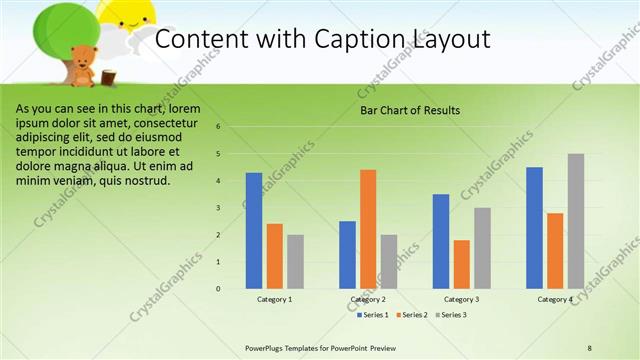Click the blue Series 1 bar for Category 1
(254, 230)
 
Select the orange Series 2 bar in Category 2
(368, 229)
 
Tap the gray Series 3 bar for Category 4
(575, 221)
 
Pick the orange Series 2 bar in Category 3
(461, 264)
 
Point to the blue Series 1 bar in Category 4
(534, 227)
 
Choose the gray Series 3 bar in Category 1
(295, 261)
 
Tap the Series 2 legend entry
(412, 315)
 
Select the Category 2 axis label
(367, 299)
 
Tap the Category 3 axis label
(461, 299)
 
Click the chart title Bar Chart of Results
(410, 110)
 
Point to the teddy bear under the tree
(83, 65)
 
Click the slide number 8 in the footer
(590, 348)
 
